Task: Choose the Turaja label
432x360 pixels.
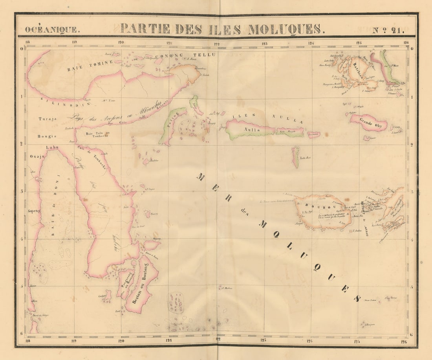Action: click(48, 119)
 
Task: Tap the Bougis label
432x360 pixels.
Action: click(47, 136)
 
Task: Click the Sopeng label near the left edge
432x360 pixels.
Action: click(34, 211)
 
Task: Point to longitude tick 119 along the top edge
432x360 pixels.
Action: click(74, 42)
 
